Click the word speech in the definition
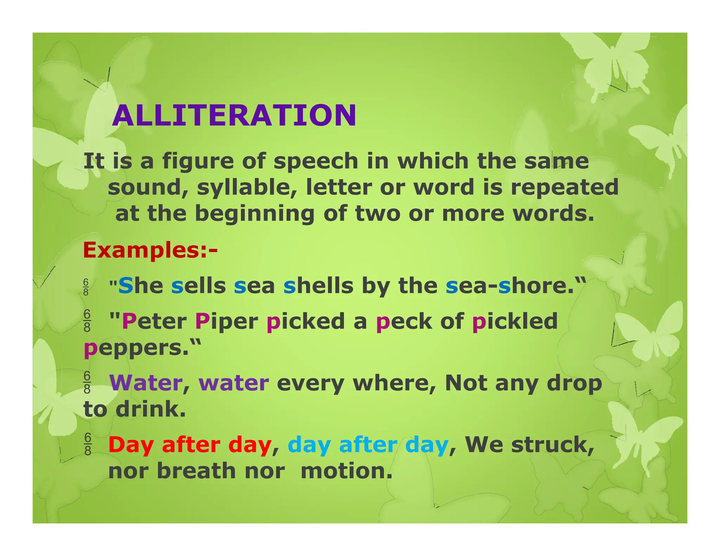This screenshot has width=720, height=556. point(316,161)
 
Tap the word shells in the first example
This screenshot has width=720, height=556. point(318,285)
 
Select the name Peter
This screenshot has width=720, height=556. point(154,321)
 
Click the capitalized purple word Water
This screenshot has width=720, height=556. point(146,383)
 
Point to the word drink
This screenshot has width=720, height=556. point(150,409)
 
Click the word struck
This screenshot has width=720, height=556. point(552,445)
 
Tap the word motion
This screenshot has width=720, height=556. point(346,471)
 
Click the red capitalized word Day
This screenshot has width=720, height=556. point(131,445)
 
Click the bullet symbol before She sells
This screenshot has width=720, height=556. point(86,287)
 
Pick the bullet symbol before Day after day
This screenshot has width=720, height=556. point(88,444)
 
